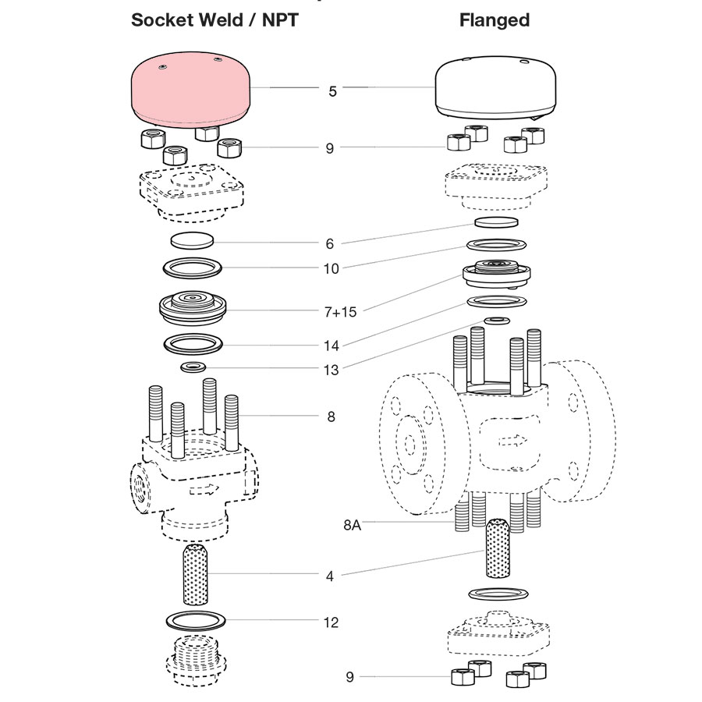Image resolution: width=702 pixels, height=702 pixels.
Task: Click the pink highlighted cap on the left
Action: point(192,89)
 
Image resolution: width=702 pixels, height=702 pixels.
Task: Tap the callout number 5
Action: point(333,91)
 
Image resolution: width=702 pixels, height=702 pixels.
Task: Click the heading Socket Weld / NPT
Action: point(214,20)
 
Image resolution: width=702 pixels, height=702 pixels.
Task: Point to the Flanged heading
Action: point(495,20)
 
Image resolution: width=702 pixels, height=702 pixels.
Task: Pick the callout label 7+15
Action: point(340,312)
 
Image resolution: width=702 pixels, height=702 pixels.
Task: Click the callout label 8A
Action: point(352,525)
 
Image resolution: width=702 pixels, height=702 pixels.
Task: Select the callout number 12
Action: point(331,622)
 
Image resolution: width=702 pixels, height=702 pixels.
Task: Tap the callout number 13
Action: point(331,370)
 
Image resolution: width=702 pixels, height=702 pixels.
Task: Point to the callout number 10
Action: point(331,268)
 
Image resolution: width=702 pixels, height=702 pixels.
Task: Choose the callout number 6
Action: point(330,244)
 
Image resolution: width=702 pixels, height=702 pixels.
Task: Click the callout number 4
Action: point(330,576)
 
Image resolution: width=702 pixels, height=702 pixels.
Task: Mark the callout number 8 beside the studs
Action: point(331,417)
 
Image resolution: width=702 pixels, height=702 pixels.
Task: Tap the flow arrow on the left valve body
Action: point(204,489)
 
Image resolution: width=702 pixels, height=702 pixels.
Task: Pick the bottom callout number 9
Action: point(349,677)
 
